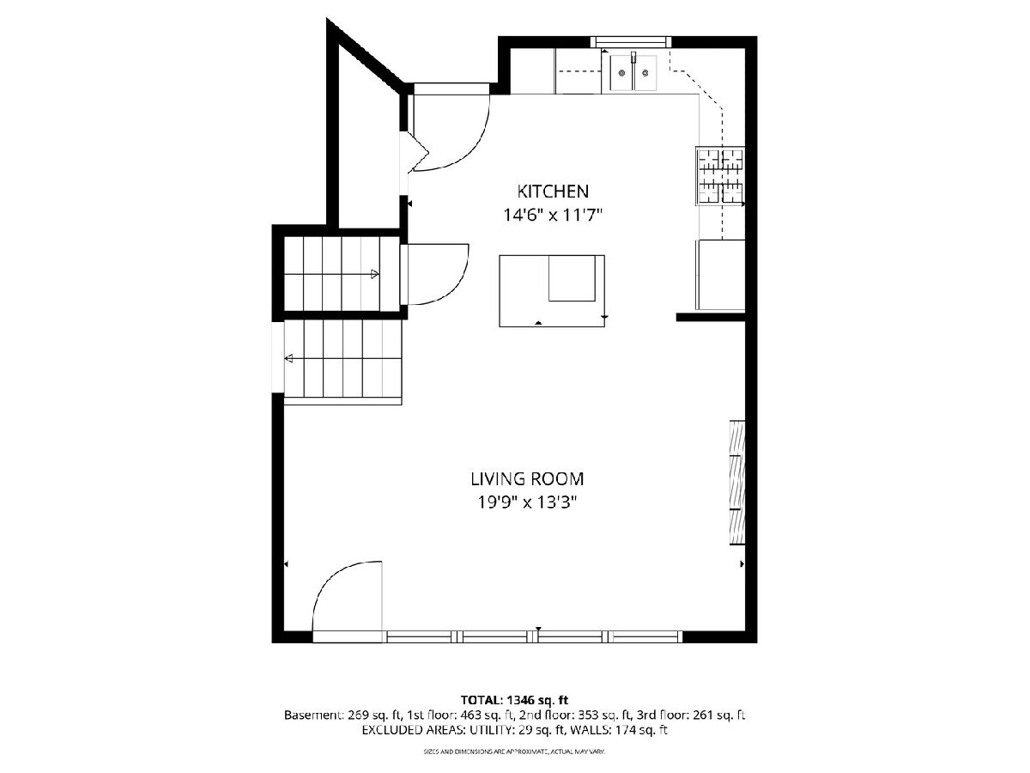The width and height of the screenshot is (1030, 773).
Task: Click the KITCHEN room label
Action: pyautogui.click(x=552, y=192)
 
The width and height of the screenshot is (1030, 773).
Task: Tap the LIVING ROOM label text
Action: pyautogui.click(x=527, y=479)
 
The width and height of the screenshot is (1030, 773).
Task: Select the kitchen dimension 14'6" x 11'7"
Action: pyautogui.click(x=552, y=216)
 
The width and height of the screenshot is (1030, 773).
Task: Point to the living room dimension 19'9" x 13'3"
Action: pyautogui.click(x=526, y=502)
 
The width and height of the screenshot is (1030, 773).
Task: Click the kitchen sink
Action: pyautogui.click(x=633, y=72)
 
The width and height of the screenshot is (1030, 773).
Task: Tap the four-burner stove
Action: pyautogui.click(x=720, y=175)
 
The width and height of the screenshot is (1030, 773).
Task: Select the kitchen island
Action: pyautogui.click(x=551, y=290)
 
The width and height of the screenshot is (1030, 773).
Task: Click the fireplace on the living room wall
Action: pyautogui.click(x=737, y=482)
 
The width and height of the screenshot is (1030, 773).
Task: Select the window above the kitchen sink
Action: pyautogui.click(x=631, y=42)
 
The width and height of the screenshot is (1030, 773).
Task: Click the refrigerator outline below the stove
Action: pyautogui.click(x=721, y=275)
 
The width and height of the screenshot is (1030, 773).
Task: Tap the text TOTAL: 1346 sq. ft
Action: pyautogui.click(x=514, y=701)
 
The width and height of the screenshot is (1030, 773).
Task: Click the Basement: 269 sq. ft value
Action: pyautogui.click(x=342, y=715)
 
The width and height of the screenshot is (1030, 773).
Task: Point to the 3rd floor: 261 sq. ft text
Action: pyautogui.click(x=690, y=715)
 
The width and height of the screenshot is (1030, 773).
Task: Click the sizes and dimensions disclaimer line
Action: pyautogui.click(x=514, y=752)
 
